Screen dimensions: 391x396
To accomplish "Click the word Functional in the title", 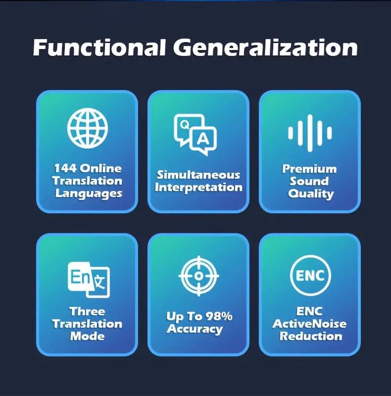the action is click(99, 47).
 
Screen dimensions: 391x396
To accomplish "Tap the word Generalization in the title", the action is click(265, 47).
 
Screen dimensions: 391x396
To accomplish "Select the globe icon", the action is click(88, 128).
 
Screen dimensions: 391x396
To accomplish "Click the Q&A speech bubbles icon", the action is click(195, 135).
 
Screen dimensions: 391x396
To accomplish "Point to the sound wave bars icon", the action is click(310, 133).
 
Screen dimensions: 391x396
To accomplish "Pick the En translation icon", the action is click(89, 280).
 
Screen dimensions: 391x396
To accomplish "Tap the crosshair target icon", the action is click(199, 276).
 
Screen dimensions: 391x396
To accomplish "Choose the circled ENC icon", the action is click(310, 275).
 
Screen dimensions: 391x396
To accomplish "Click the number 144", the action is click(65, 168).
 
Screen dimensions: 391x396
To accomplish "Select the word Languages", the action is click(89, 194).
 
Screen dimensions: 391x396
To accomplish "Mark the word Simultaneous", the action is click(198, 175).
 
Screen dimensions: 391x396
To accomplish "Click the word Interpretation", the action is click(198, 188).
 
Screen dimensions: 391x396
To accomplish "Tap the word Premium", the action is click(309, 169).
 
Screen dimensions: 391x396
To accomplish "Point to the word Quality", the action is click(311, 194).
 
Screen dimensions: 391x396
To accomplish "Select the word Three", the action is click(87, 311).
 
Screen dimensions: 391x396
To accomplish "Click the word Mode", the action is click(87, 336).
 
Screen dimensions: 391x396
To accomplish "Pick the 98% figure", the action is click(219, 316).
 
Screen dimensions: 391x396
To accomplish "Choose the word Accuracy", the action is click(195, 329).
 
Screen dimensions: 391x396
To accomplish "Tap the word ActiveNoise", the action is click(309, 324).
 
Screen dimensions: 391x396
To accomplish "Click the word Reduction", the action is click(311, 336).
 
